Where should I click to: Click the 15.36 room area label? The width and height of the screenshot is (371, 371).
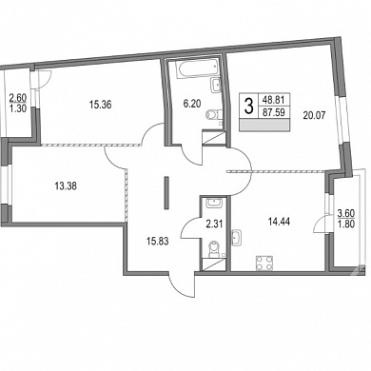pos(100,105)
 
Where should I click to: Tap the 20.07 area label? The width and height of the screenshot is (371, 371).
pos(314,116)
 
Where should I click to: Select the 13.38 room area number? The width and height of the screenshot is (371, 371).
pos(66,186)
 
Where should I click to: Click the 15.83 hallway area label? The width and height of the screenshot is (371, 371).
pos(158,242)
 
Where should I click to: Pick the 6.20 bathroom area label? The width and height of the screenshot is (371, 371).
pos(192,104)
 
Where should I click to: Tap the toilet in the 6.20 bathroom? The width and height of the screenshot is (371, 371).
pos(211,114)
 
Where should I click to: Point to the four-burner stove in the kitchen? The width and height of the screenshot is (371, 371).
pos(264,264)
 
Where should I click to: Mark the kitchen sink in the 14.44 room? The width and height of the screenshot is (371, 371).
pos(236,238)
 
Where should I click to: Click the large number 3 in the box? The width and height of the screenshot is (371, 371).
pos(249,107)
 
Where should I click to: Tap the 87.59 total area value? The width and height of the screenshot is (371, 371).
pos(274,112)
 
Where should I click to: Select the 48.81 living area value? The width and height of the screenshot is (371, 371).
pos(274,101)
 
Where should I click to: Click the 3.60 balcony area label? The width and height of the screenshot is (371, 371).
pos(346,213)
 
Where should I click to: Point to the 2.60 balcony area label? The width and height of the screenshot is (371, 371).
pos(17,97)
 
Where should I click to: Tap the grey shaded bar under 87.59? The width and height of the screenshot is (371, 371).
pos(264,125)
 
